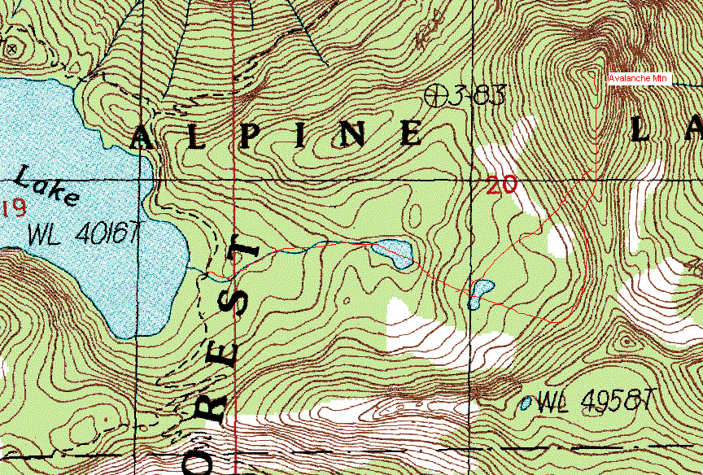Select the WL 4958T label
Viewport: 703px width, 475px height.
tap(596, 400)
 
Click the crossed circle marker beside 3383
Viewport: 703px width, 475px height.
tap(437, 95)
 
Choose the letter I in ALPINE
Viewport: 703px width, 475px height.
tap(301, 135)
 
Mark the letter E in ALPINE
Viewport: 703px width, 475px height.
tap(411, 133)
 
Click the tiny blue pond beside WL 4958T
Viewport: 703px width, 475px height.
tap(526, 402)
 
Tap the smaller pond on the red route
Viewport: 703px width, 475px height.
tap(480, 293)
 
